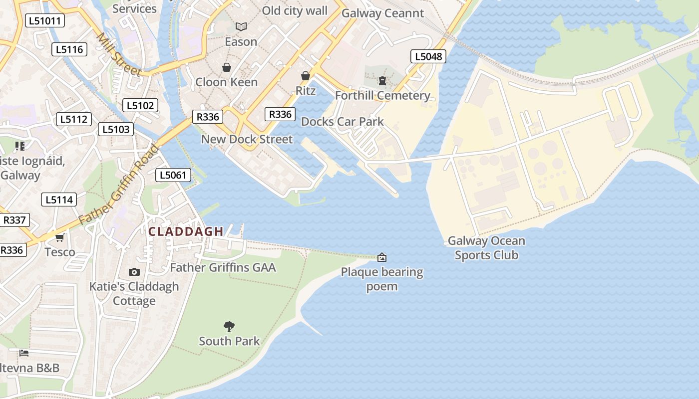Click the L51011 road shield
(x=45, y=21)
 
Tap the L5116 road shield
(x=69, y=49)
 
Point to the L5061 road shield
(x=173, y=175)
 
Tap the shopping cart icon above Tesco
(x=60, y=238)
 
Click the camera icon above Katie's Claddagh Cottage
(x=134, y=272)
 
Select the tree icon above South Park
(x=229, y=327)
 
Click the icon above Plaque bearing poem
(x=382, y=257)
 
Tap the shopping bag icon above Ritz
(x=306, y=76)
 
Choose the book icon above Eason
(x=241, y=26)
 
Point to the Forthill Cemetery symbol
(x=382, y=80)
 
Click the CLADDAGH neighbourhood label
(x=186, y=231)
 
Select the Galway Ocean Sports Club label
(x=486, y=248)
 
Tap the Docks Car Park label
(x=343, y=122)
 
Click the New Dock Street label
(x=247, y=139)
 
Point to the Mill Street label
(x=119, y=55)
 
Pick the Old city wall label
(x=295, y=11)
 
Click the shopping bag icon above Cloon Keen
(x=227, y=67)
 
